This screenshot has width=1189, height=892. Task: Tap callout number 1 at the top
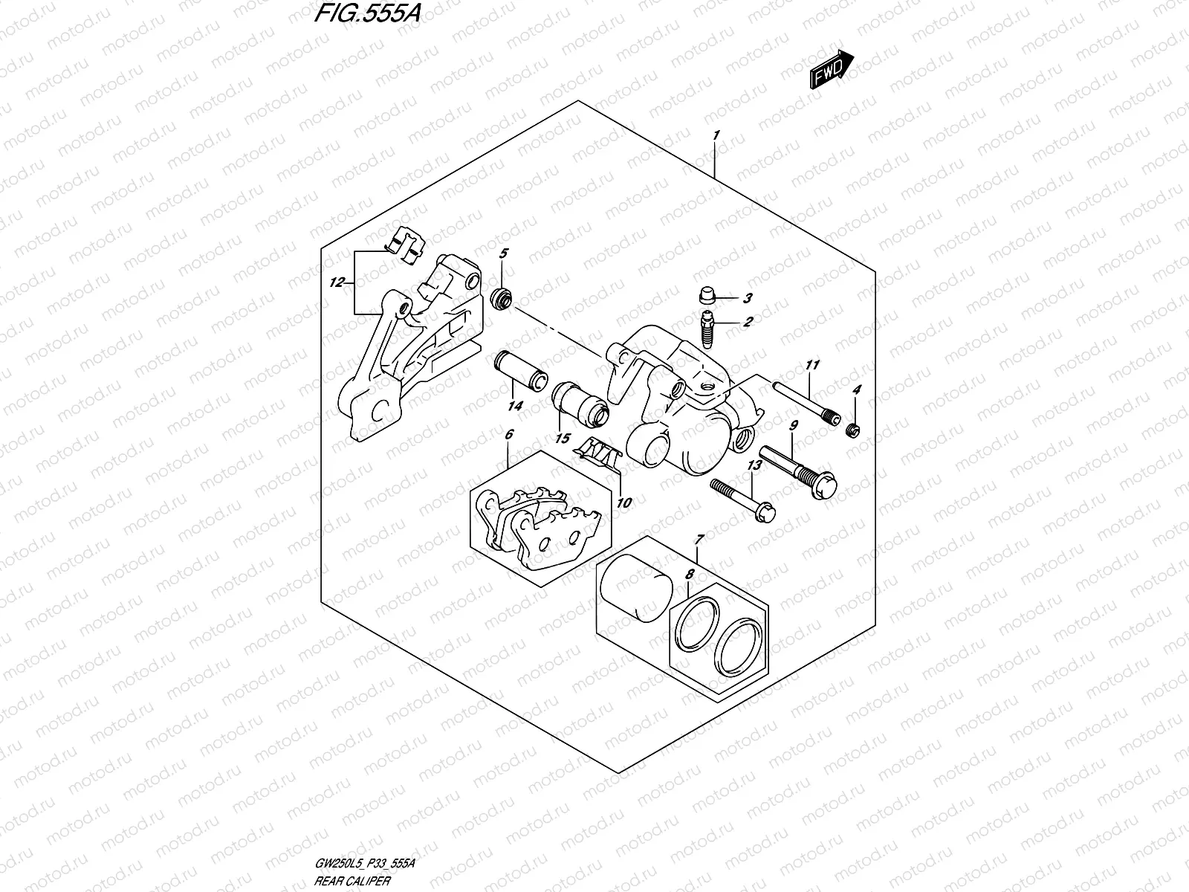pos(715,135)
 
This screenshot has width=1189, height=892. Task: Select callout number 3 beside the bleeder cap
pos(748,299)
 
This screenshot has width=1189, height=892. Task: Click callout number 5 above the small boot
pos(503,254)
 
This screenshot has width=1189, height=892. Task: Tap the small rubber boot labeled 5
pos(503,298)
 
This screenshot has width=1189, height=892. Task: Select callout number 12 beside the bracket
pos(337,282)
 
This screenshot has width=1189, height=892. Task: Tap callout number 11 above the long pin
pos(812,365)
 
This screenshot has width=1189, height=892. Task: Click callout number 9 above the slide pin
pos(794,425)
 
